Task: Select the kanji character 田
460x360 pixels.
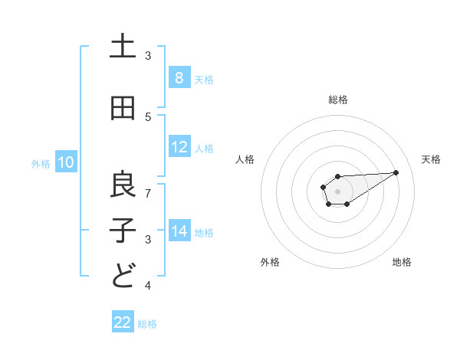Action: pos(123,109)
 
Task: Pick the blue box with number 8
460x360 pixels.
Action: pos(179,77)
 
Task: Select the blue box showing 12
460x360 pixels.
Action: pos(179,148)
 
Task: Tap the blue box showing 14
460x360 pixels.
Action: pos(179,231)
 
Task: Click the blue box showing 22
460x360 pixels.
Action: pos(123,322)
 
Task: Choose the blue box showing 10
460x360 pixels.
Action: pos(66,162)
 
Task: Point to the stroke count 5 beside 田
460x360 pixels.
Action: pos(149,117)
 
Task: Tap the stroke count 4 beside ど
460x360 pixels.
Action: pos(149,286)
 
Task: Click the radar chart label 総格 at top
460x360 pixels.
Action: pos(338,100)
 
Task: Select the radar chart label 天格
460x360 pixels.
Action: pos(432,159)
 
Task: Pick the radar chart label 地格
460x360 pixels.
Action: pos(402,262)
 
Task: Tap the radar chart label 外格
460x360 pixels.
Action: pos(270,262)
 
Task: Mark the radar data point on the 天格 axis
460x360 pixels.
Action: pos(396,172)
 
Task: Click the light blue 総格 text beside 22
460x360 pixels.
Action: pos(147,324)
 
